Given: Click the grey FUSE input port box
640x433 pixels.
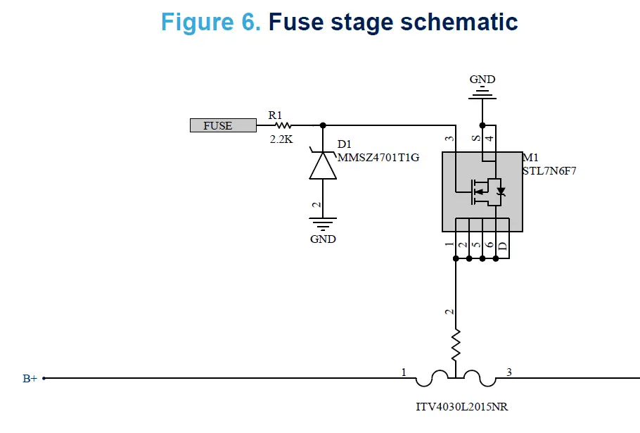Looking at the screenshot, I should (x=222, y=125).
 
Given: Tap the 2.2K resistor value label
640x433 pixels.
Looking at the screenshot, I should (x=281, y=139).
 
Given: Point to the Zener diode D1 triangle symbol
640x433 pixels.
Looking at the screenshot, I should (x=322, y=166).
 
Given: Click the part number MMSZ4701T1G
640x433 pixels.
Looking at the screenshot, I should (x=378, y=157).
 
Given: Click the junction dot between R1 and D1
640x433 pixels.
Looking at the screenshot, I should (x=323, y=125).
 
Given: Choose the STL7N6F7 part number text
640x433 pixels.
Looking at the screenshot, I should (x=549, y=170).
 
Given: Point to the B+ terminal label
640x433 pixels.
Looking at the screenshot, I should (x=30, y=379).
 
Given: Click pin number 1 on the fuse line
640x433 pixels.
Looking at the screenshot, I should (x=404, y=372).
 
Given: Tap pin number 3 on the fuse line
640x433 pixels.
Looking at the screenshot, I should (x=508, y=372).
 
